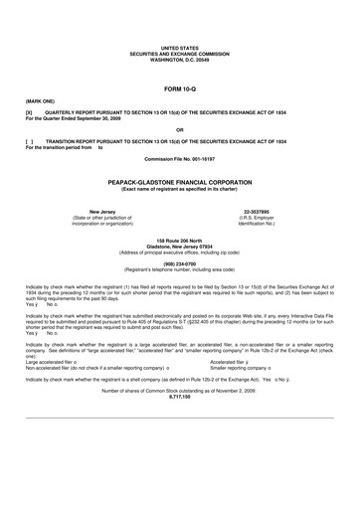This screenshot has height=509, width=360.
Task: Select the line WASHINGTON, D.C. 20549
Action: point(179,57)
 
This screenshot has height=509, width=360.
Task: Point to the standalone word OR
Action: point(179,129)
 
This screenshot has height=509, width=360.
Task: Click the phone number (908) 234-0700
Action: point(179,263)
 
